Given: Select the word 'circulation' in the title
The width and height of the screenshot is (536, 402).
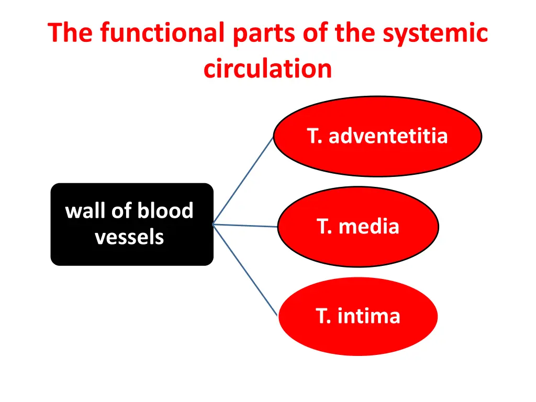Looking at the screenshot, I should point(268,69).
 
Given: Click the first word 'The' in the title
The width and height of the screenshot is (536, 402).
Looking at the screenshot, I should point(72,33).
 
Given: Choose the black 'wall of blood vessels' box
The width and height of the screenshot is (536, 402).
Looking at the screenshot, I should point(132,224).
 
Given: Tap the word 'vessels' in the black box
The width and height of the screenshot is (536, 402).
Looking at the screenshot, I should point(129,237).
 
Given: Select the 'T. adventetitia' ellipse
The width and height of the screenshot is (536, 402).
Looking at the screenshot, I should point(377,137).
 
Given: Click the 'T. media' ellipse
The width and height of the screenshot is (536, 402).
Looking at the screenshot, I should point(358,227).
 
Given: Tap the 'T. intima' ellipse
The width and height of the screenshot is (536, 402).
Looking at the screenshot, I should point(358,316).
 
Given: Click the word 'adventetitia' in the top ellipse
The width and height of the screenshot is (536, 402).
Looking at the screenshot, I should point(388,136).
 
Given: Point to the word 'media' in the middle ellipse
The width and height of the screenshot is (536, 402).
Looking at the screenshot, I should point(368,227).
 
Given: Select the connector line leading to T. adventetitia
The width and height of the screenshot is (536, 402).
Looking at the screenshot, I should point(243,181).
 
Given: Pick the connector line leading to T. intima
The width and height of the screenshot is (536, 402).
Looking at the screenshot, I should point(245,270).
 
